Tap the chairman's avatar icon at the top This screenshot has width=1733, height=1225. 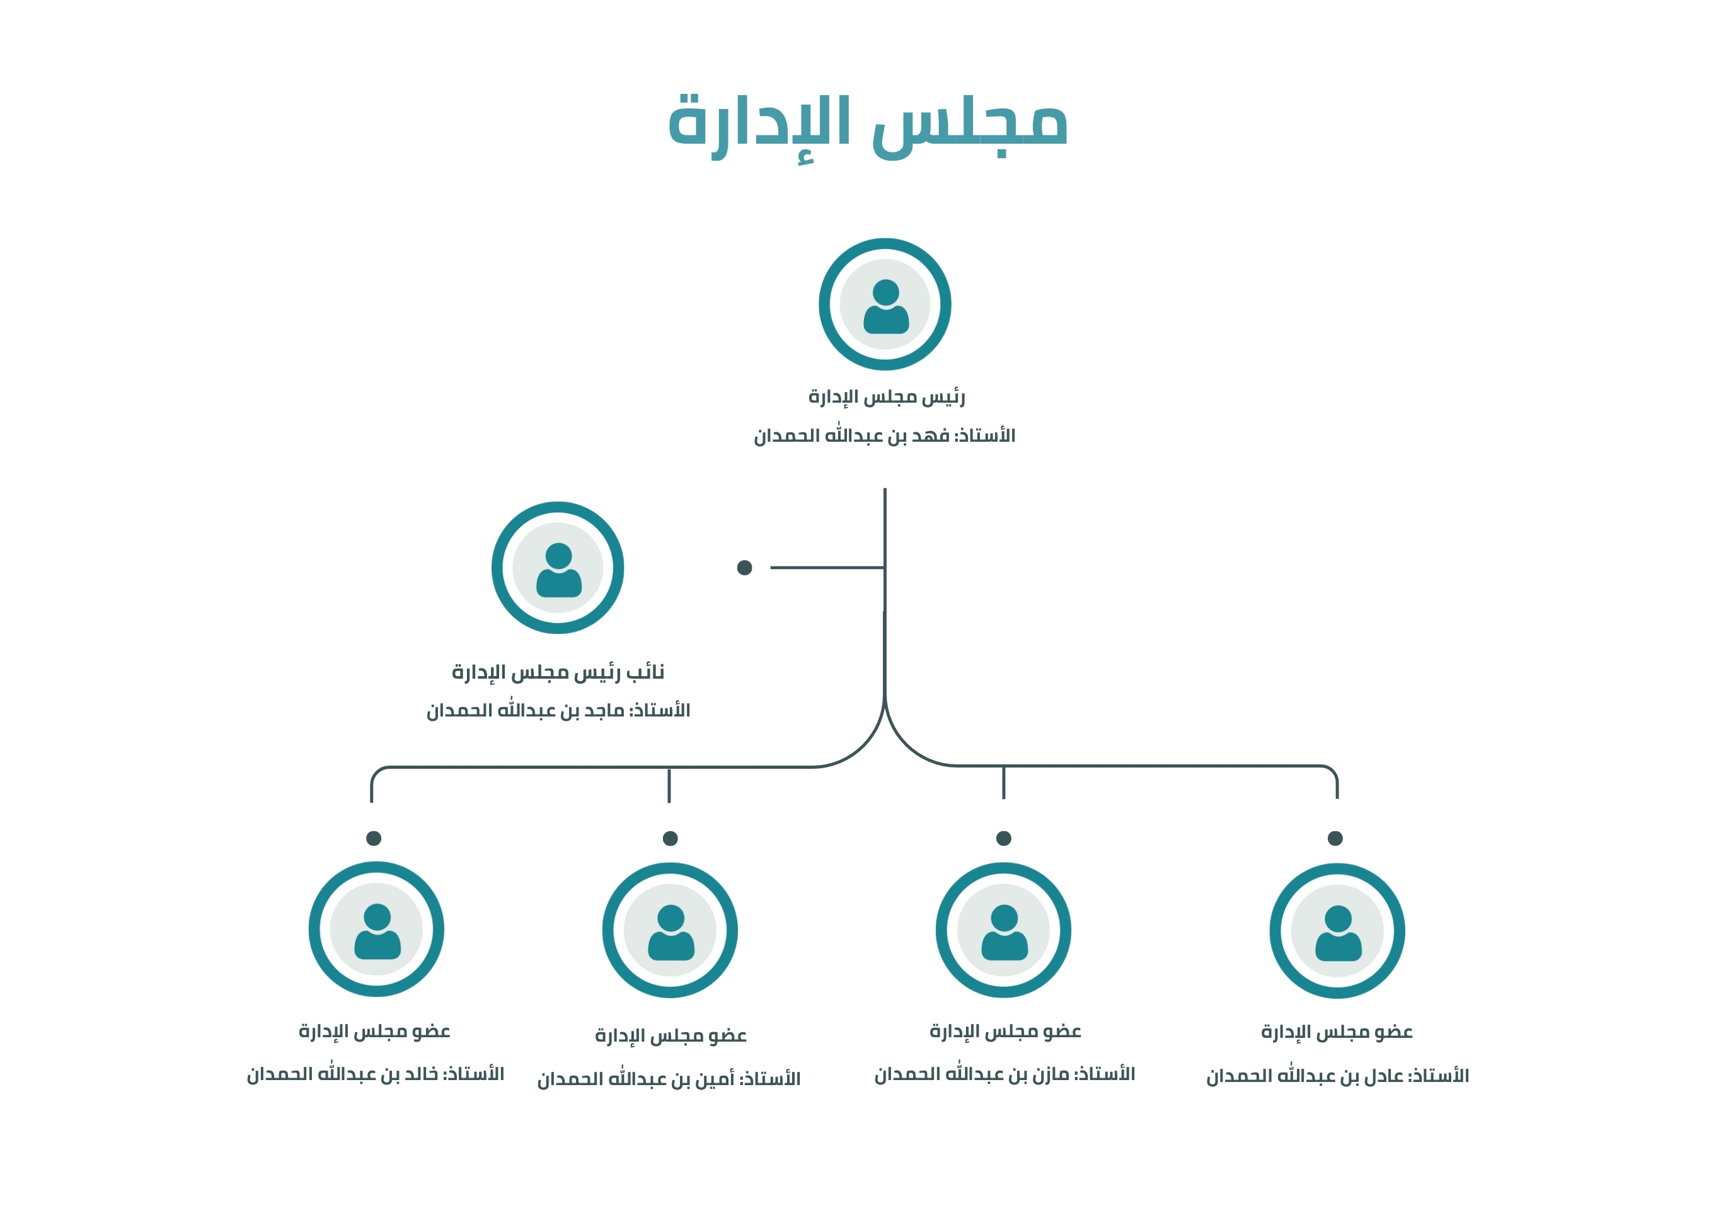[885, 304]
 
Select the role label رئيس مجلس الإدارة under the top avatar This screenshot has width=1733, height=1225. [886, 397]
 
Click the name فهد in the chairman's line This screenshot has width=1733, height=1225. [930, 435]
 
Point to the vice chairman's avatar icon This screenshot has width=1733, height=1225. [558, 568]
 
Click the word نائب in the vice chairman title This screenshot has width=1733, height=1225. [645, 672]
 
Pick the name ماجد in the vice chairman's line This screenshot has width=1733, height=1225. [604, 710]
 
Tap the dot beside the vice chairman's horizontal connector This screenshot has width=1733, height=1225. [744, 568]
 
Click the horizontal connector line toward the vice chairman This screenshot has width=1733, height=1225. [827, 568]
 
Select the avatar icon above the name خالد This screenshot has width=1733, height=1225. [377, 929]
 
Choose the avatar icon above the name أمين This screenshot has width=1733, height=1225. [671, 931]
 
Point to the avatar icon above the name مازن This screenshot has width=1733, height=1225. [1003, 931]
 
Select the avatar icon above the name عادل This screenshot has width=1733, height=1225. [1337, 931]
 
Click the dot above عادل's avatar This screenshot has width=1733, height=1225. [1335, 839]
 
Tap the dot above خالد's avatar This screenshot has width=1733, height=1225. [374, 839]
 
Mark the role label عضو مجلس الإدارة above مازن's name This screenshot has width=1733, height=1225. [1005, 1032]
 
